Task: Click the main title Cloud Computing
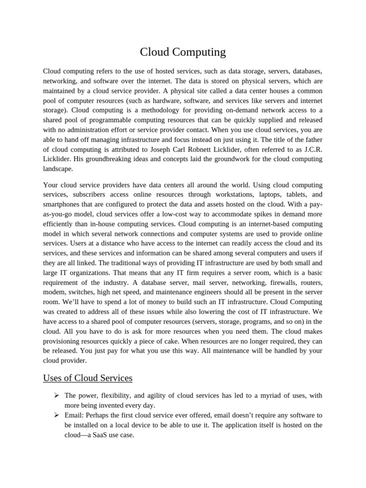(183, 52)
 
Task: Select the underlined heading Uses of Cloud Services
(88, 378)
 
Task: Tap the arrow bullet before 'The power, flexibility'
(56, 395)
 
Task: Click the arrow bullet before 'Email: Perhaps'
(56, 415)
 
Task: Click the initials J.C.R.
(310, 149)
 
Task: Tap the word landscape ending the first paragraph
(58, 169)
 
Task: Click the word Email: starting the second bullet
(74, 415)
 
